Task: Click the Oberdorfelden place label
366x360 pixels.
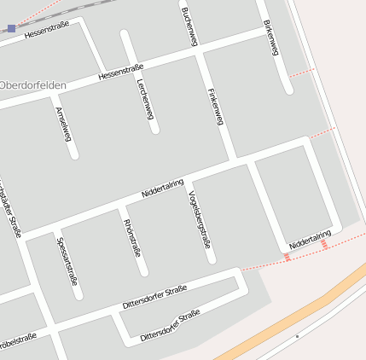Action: click(x=33, y=84)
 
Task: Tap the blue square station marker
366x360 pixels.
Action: click(x=11, y=28)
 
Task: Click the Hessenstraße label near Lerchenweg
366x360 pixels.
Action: click(x=120, y=72)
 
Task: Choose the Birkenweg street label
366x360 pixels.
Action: click(x=271, y=38)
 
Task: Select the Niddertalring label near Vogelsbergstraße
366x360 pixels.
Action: click(x=162, y=188)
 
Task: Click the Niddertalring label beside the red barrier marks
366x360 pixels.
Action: click(x=310, y=240)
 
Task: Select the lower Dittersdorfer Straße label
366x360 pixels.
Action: click(x=170, y=326)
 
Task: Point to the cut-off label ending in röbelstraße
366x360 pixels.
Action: click(x=16, y=339)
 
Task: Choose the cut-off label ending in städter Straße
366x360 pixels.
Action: click(x=11, y=209)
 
